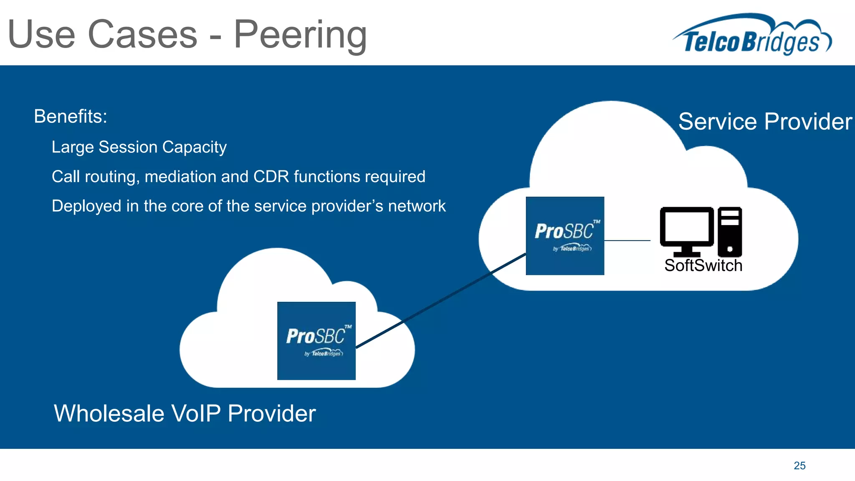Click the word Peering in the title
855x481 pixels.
(x=300, y=35)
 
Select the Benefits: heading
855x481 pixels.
(x=71, y=116)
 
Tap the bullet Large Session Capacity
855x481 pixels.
(x=139, y=147)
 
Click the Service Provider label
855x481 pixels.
(x=765, y=122)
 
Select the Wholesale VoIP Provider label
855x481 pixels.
(x=185, y=413)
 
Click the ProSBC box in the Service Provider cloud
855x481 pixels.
(x=565, y=236)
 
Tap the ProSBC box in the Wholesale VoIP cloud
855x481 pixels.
(x=316, y=341)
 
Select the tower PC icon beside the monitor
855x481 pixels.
(x=730, y=232)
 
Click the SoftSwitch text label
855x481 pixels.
(x=703, y=266)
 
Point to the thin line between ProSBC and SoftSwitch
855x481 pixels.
(x=627, y=240)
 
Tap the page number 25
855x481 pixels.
(x=799, y=466)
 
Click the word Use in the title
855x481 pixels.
(x=41, y=35)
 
